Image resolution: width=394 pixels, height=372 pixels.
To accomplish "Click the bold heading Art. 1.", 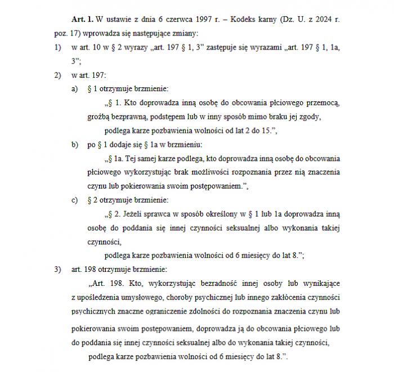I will [x=81, y=20].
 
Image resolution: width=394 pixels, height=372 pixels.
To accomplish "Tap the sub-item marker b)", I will [x=74, y=145].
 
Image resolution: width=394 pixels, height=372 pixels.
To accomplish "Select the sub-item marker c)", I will [x=74, y=200].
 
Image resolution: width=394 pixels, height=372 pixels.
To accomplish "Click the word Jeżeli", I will [x=138, y=214].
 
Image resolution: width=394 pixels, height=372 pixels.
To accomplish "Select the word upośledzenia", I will [x=100, y=297].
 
